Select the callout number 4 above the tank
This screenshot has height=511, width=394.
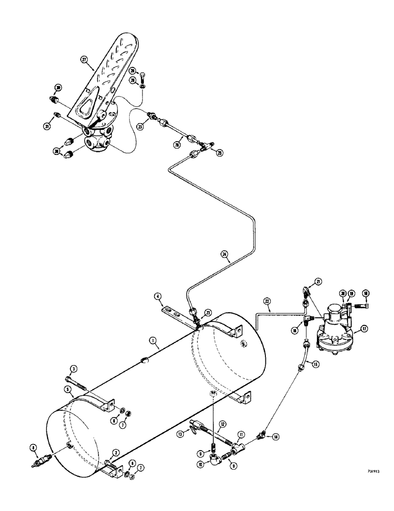pos(159,296)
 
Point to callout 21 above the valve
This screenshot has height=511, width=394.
pos(318,282)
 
